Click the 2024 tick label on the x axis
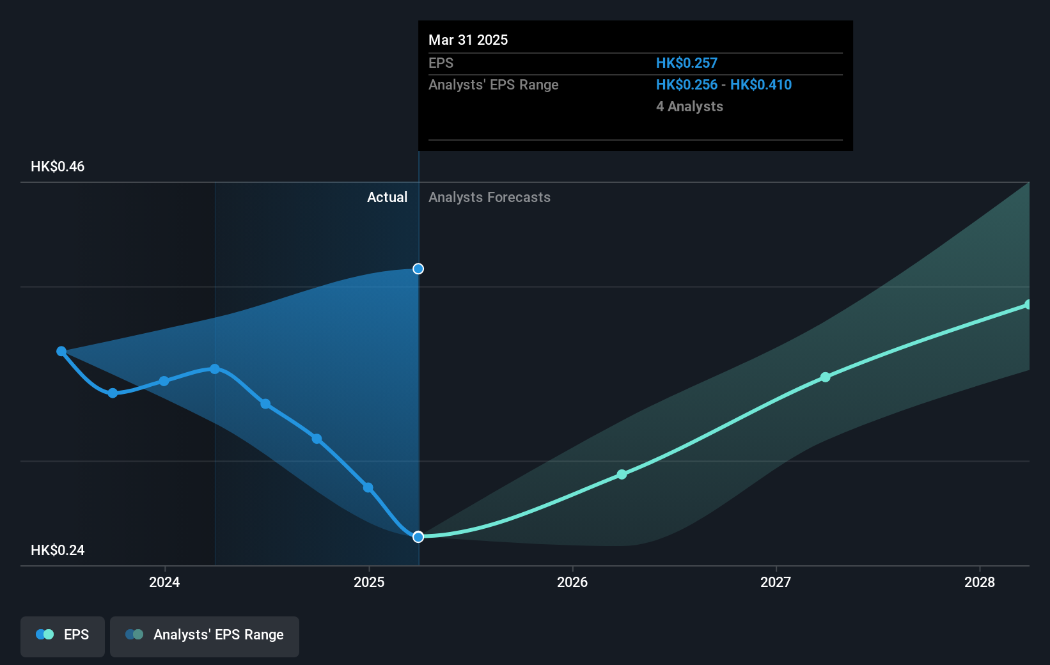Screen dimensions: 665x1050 tap(164, 582)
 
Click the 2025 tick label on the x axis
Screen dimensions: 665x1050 tap(369, 582)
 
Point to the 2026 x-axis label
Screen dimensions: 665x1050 tap(572, 582)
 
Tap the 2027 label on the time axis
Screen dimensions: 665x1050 tap(776, 582)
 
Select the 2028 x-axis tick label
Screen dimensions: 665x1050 tap(980, 582)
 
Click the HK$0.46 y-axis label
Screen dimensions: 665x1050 tap(58, 167)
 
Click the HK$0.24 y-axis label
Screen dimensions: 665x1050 tap(58, 551)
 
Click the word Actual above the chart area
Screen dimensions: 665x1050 tap(387, 198)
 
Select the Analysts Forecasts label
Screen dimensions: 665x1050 tap(489, 198)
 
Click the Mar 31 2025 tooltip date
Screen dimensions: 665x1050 tap(468, 40)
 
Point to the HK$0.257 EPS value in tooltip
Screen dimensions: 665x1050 tap(686, 63)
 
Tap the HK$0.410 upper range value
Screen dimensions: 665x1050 tap(761, 85)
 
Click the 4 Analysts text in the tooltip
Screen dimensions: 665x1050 tap(689, 107)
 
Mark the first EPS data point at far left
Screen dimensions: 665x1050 tap(61, 351)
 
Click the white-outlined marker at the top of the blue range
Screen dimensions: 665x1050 tap(418, 269)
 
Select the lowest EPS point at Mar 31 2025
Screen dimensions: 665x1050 tap(418, 537)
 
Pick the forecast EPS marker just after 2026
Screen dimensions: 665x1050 tap(622, 474)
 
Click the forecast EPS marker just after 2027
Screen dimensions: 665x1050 tap(826, 377)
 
